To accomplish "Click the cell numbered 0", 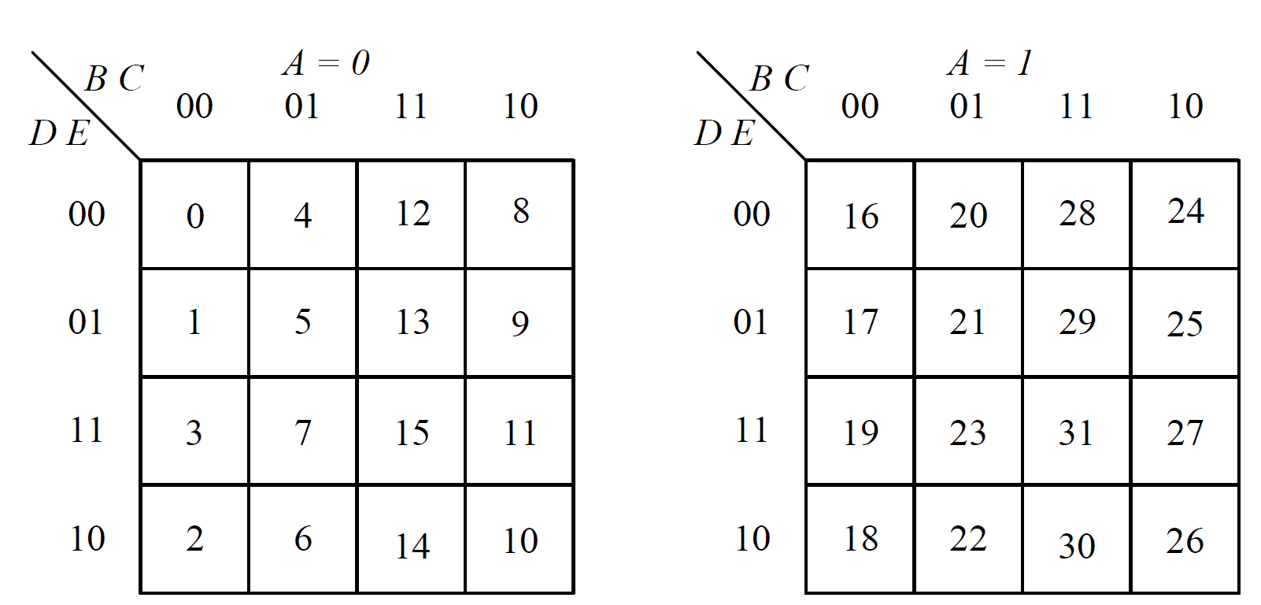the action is (x=194, y=215).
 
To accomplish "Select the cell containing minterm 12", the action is (x=412, y=215).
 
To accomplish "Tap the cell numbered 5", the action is (x=303, y=323).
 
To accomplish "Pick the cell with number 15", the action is (x=412, y=432).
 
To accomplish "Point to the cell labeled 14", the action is (x=412, y=544).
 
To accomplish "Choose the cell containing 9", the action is (x=520, y=323).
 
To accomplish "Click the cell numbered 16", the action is (x=860, y=215).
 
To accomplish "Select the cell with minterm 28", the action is (x=1077, y=215).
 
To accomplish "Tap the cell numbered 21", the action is (x=968, y=323).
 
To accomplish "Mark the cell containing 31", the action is (x=1077, y=432).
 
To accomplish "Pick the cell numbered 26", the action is (x=1185, y=540).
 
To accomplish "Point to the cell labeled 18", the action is (x=860, y=540).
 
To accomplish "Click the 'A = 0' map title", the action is (x=326, y=63).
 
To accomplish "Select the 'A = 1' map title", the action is (x=990, y=63).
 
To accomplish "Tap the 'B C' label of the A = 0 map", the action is (x=115, y=79).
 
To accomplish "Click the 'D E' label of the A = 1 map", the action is (x=724, y=133).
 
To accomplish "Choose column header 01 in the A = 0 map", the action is (x=302, y=106).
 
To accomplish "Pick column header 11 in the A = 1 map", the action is (x=1076, y=106).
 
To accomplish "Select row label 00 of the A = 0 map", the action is (x=87, y=214).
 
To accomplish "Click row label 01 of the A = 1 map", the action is (x=751, y=322).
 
